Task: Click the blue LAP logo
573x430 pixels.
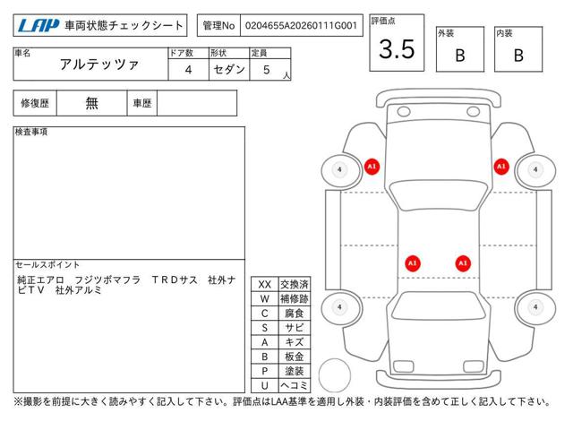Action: (38, 26)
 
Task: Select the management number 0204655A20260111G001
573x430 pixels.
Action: (301, 26)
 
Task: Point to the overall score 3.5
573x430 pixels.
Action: (397, 49)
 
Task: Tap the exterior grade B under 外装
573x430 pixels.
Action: (460, 56)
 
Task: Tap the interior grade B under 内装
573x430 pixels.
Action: (518, 56)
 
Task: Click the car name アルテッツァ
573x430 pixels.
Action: (99, 64)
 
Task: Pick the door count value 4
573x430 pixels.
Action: (188, 70)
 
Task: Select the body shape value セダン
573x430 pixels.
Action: (229, 70)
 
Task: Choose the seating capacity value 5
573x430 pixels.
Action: (267, 70)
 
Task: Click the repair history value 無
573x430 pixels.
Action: (91, 103)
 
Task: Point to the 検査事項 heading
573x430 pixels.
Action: (31, 132)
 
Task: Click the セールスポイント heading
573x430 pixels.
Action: (47, 264)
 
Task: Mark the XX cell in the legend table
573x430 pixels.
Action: (265, 285)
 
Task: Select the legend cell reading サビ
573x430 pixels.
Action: (295, 328)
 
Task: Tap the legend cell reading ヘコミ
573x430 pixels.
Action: (295, 385)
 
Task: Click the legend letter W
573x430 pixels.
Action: (265, 298)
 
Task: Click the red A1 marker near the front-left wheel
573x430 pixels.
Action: (372, 167)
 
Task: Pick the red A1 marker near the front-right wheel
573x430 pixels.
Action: (501, 167)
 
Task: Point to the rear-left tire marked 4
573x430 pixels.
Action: (340, 307)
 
